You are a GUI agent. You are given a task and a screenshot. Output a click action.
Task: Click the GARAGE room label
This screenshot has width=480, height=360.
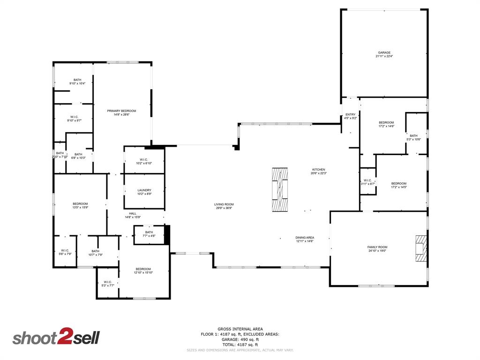[384, 52]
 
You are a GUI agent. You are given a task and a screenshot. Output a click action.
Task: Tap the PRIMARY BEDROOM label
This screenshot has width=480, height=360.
[121, 111]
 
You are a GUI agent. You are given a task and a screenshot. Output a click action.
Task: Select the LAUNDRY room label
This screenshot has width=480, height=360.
[144, 190]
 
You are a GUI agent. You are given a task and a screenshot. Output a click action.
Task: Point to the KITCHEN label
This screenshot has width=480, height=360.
[319, 170]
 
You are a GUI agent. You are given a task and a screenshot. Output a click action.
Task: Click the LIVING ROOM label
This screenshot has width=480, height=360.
[224, 204]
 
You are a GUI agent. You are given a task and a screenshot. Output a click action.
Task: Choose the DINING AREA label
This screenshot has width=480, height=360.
[305, 238]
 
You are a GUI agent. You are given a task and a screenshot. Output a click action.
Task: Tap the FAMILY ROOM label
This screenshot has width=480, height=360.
[377, 247]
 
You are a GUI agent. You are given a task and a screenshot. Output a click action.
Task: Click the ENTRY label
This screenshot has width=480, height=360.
[350, 114]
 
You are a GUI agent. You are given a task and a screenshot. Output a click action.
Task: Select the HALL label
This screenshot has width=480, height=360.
[133, 213]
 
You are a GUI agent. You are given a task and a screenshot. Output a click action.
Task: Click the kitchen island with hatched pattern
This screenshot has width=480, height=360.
[281, 190]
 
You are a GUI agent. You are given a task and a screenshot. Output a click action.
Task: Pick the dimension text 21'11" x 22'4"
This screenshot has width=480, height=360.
[384, 56]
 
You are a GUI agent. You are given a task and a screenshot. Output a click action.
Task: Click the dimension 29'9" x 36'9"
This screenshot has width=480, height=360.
[224, 208]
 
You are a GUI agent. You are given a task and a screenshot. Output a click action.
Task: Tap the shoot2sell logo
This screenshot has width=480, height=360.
[56, 337]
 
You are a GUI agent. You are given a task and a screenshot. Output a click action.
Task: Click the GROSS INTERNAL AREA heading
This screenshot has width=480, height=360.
[240, 329]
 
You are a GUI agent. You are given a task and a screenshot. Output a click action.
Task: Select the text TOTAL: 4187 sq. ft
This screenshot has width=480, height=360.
[240, 345]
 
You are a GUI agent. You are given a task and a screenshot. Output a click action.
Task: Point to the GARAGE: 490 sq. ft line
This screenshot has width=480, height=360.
[240, 339]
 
